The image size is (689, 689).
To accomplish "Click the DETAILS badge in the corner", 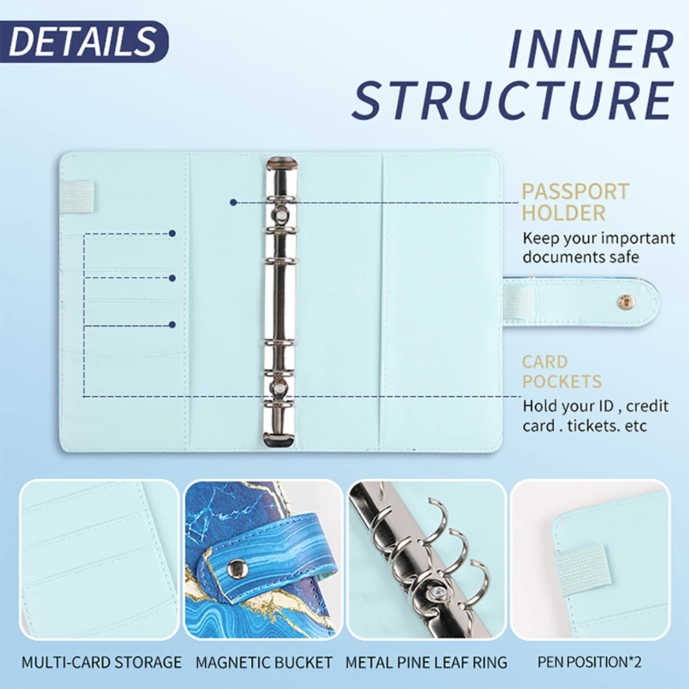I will click(83, 41).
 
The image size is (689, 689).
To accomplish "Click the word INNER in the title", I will click(589, 49).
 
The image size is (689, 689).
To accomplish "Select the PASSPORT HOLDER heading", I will click(575, 202).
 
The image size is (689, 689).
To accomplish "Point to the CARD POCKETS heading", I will click(561, 372).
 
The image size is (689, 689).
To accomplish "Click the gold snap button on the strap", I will click(626, 301).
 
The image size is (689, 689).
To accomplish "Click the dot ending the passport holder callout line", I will click(234, 202).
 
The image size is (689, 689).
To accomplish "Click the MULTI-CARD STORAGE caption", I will click(101, 663).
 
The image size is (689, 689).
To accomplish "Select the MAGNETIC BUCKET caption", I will click(264, 663).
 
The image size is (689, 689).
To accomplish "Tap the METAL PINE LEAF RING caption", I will click(426, 663).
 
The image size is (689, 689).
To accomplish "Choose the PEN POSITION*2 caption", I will click(589, 663).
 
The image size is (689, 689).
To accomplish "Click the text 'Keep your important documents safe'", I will click(598, 248).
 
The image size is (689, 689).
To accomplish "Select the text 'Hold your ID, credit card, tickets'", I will click(595, 415).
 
